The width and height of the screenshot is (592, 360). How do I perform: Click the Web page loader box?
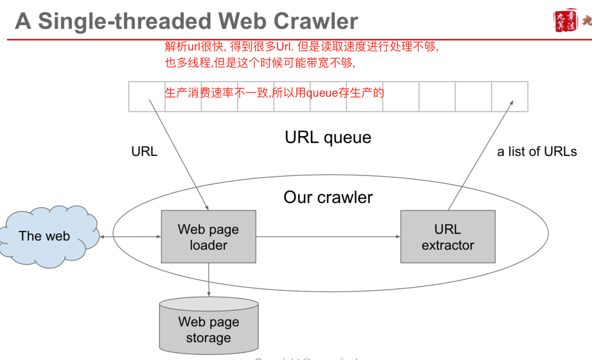click(208, 237)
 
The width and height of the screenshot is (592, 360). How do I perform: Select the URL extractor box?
click(448, 237)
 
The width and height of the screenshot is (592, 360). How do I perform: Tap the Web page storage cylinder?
click(209, 327)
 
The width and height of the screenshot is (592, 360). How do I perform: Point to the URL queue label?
click(328, 137)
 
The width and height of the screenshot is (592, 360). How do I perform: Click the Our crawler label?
click(328, 197)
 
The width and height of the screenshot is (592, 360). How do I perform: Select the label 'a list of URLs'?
click(537, 151)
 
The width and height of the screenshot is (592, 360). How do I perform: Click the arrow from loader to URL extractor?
click(328, 237)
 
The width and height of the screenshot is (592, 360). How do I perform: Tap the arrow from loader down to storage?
click(209, 280)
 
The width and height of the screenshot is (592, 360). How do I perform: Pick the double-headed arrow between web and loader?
click(130, 237)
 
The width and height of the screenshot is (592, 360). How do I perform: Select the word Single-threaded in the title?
click(125, 21)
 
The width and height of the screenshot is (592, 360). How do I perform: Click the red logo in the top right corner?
click(566, 20)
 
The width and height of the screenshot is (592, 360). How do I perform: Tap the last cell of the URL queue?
click(509, 97)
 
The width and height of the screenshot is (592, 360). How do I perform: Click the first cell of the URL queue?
click(147, 97)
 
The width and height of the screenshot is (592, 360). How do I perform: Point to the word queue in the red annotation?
click(322, 92)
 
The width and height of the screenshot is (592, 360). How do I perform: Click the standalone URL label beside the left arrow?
click(144, 151)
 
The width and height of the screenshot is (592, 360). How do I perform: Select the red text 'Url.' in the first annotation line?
click(285, 46)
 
